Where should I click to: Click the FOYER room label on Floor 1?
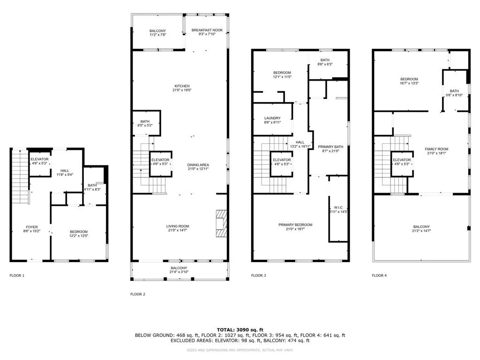pyautogui.click(x=31, y=227)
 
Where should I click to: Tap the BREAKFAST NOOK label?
pyautogui.click(x=207, y=30)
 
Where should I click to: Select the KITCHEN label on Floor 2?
pyautogui.click(x=182, y=86)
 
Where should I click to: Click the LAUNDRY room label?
pyautogui.click(x=272, y=118)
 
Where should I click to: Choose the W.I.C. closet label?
pyautogui.click(x=339, y=207)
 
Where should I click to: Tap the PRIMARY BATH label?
pyautogui.click(x=330, y=147)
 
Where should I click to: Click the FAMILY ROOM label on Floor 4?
pyautogui.click(x=436, y=149)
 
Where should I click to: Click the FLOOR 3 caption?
pyautogui.click(x=258, y=276)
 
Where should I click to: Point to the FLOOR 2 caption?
pyautogui.click(x=138, y=294)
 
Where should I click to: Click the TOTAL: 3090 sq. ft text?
pyautogui.click(x=240, y=330)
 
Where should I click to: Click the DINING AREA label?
pyautogui.click(x=198, y=165)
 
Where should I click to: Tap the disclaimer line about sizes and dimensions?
pyautogui.click(x=240, y=351)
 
